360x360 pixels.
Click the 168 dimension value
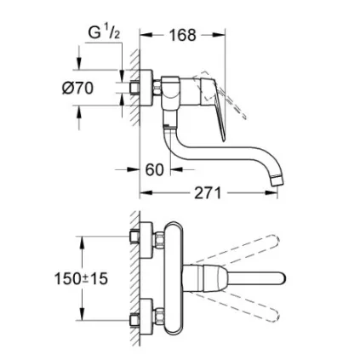tap(183, 35)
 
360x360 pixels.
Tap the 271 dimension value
tap(208, 193)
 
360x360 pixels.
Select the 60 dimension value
tap(155, 169)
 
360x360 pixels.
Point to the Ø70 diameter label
tap(77, 88)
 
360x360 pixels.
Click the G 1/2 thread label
tap(104, 33)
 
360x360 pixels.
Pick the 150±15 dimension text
tap(81, 278)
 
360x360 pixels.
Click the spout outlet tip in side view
tap(277, 181)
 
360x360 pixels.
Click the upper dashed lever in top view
tap(237, 250)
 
